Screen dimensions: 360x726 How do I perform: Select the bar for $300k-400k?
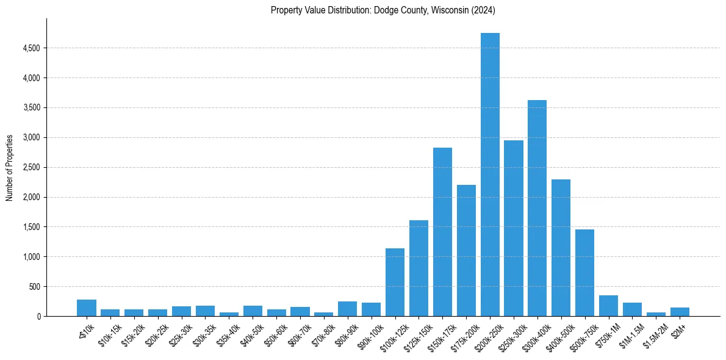[x=537, y=208]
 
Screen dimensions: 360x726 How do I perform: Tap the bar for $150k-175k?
[x=442, y=232]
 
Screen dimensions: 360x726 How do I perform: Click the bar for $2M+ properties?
[x=680, y=312]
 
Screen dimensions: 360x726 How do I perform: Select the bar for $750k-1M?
[x=608, y=306]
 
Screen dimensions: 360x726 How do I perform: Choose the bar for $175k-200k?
[x=466, y=250]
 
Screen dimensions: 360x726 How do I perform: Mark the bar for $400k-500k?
[x=561, y=248]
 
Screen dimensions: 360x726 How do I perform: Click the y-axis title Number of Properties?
[x=9, y=167]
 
